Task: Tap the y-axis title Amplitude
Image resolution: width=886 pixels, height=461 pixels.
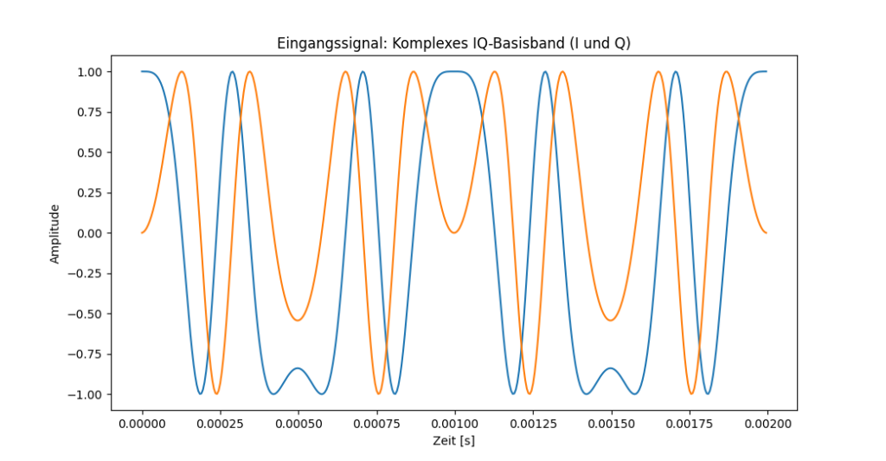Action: point(55,233)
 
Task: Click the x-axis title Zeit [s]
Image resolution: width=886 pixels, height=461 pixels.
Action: point(454,441)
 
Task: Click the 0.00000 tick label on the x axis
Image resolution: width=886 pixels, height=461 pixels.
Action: point(142,423)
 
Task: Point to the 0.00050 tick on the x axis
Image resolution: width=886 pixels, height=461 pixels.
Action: point(299,423)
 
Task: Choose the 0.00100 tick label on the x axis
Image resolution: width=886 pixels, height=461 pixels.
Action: point(454,423)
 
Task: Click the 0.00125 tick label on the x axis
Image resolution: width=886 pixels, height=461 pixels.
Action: point(532,423)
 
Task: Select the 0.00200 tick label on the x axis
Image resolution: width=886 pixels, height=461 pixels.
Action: point(767,423)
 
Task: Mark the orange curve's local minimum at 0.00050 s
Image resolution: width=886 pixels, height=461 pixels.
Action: point(299,321)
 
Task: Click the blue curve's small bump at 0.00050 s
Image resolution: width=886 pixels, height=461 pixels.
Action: point(299,368)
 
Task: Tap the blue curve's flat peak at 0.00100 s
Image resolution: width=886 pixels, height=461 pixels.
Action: point(454,72)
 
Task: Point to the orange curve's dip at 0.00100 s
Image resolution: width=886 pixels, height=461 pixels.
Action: point(454,232)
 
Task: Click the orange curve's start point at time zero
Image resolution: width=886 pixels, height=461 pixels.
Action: point(142,233)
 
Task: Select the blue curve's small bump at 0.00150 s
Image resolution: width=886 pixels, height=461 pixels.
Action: point(611,368)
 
